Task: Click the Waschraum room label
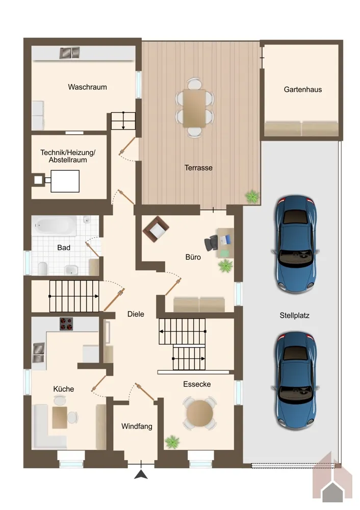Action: tap(87, 87)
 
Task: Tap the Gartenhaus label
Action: tap(303, 89)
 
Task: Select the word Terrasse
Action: tap(198, 168)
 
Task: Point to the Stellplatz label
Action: tap(294, 315)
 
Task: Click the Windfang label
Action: tap(137, 426)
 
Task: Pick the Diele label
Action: tap(136, 314)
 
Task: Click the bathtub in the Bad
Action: tap(55, 225)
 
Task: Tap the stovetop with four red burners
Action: tap(66, 324)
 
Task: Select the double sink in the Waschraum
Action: tap(69, 53)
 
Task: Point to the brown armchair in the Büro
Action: tap(156, 228)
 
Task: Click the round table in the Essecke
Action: tap(199, 414)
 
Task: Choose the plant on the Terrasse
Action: tap(252, 197)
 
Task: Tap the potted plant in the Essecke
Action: tap(172, 442)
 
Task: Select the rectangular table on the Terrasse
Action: tap(194, 108)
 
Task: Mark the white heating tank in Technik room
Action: tap(65, 181)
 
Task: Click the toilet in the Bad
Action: tap(43, 268)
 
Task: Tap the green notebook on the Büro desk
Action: tap(224, 253)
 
